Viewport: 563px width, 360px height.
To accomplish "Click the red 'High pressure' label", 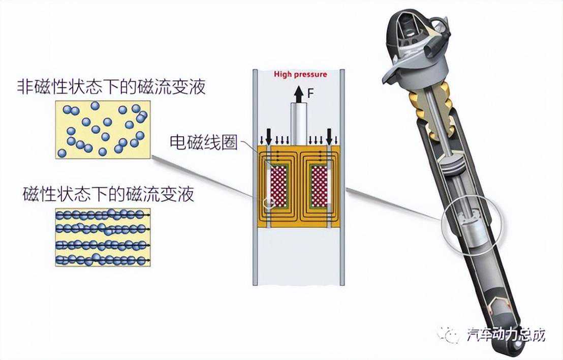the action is coord(300,74).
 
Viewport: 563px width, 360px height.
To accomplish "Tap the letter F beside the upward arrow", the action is coord(311,94).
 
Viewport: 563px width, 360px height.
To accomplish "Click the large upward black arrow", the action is coord(298,94).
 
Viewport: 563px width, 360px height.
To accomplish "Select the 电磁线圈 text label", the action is coord(204,142).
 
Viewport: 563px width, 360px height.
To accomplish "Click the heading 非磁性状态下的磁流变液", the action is coord(111,87).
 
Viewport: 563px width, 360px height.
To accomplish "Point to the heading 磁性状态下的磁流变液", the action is coord(108,194).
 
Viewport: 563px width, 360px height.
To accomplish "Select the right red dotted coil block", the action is coord(319,187).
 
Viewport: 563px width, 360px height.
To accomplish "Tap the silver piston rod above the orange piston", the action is coord(299,124).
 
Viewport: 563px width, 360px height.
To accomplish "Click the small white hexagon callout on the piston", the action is coord(269,203).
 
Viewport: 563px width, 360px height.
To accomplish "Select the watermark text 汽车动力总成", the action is coord(506,335).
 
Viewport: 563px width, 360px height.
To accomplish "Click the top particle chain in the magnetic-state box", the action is coord(103,215).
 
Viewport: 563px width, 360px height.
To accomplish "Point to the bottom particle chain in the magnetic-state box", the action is coord(103,259).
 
